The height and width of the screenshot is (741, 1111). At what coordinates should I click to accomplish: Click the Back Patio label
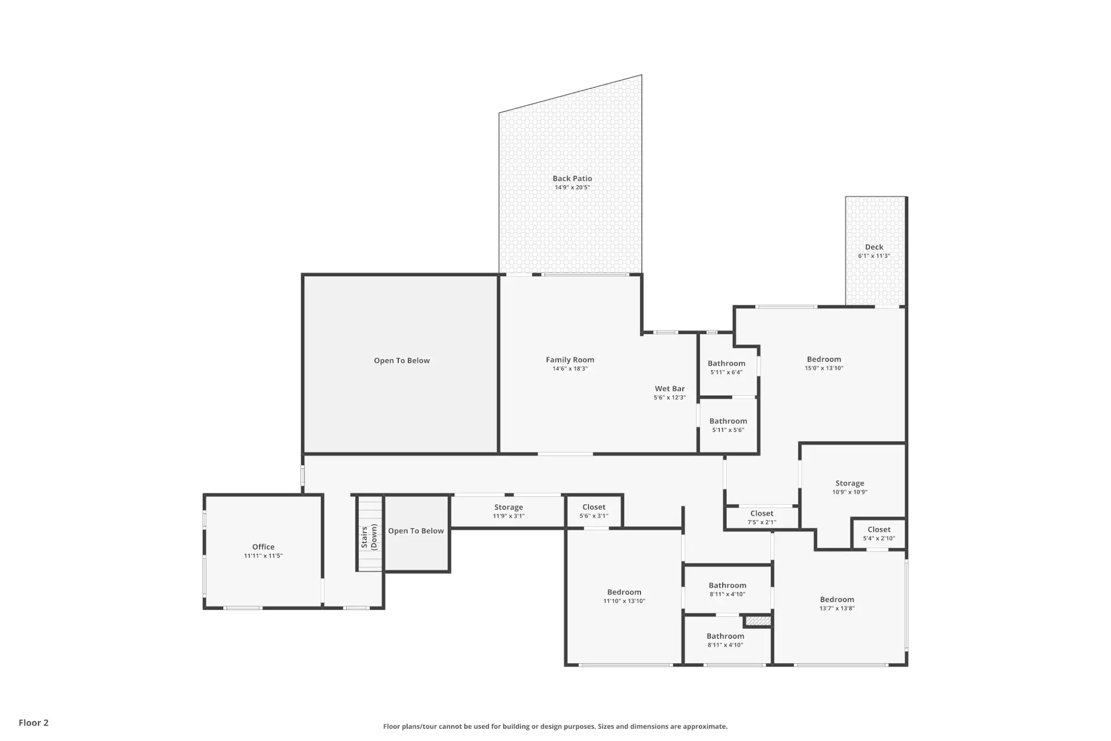click(572, 178)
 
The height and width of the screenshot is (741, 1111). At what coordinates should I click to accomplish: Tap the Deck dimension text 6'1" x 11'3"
click(874, 256)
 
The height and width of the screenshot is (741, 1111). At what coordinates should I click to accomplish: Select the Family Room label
click(570, 360)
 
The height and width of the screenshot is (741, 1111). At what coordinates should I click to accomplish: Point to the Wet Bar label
click(669, 389)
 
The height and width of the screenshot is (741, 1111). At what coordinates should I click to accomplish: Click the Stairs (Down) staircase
click(370, 534)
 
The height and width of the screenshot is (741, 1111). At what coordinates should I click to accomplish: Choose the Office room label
click(263, 546)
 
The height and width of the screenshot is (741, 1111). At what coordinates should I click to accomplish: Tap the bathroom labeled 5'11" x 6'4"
click(727, 367)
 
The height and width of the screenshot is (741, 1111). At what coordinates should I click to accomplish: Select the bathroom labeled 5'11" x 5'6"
click(728, 425)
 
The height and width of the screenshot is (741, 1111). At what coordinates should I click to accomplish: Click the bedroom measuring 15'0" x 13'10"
click(824, 363)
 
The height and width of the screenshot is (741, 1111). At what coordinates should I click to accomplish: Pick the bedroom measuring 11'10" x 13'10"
click(624, 596)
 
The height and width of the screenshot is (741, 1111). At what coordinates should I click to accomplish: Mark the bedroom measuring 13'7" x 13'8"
click(837, 603)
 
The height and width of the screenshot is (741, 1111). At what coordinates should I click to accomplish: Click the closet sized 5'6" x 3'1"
click(594, 511)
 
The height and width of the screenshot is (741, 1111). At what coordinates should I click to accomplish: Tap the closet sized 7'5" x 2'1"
click(762, 517)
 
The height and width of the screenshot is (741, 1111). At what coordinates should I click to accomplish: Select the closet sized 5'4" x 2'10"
click(879, 534)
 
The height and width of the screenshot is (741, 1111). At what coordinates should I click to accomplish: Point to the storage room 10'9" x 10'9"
click(850, 487)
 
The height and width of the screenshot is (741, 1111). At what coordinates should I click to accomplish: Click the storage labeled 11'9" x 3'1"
click(508, 511)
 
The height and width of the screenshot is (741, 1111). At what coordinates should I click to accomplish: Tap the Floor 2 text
click(33, 723)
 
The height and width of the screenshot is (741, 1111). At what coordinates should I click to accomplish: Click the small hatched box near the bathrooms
click(758, 621)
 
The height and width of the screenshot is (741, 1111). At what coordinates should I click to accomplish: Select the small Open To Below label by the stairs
click(416, 531)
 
